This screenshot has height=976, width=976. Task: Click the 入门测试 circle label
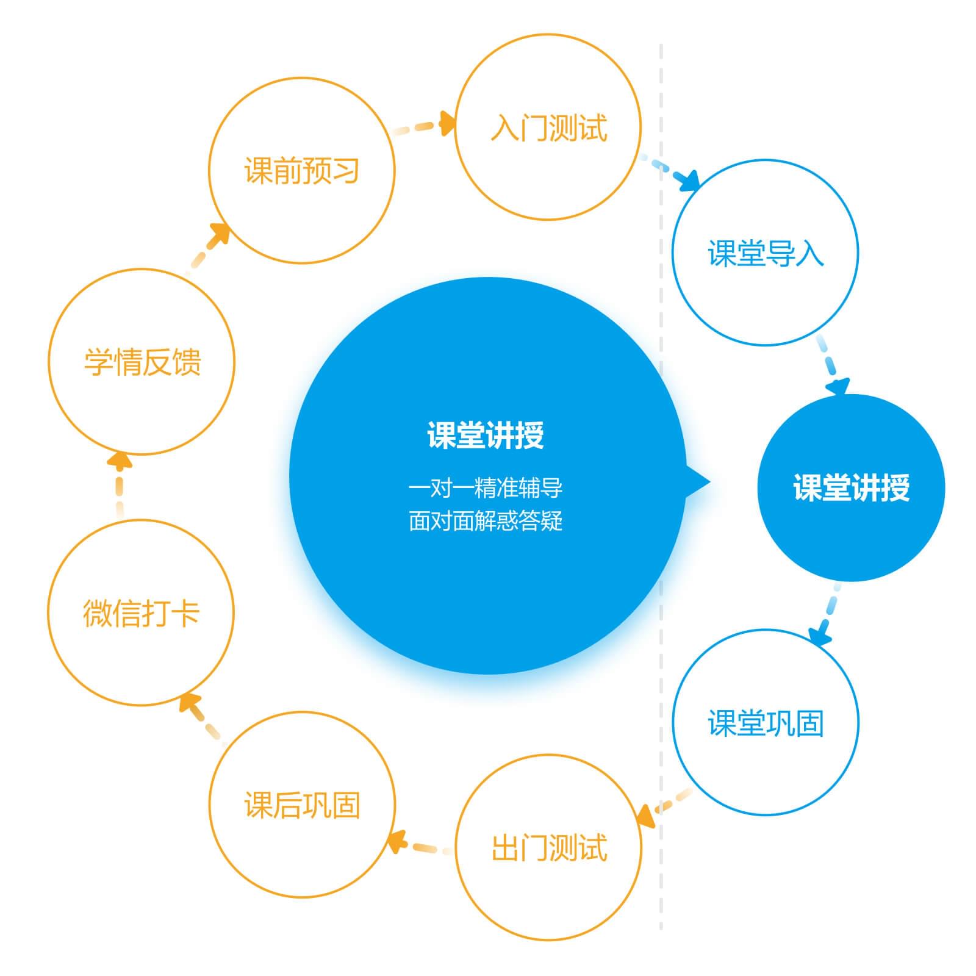(x=548, y=128)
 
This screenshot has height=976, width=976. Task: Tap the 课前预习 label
(x=301, y=171)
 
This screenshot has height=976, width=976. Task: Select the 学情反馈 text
(x=142, y=362)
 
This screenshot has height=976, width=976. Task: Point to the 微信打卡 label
(x=141, y=613)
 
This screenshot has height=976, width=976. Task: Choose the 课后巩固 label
(x=302, y=805)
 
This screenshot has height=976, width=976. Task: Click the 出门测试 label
(x=549, y=848)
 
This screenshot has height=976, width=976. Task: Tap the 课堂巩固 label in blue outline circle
(x=766, y=723)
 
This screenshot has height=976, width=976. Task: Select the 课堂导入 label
(x=766, y=253)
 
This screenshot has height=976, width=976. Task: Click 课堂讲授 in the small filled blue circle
(x=851, y=488)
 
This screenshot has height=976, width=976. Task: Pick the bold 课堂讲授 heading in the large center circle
(x=486, y=436)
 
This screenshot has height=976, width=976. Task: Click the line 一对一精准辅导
(x=486, y=488)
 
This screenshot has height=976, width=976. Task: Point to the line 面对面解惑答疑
(x=486, y=522)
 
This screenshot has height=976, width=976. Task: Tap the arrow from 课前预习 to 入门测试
(x=427, y=126)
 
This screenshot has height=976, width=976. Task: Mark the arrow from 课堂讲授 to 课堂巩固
(x=827, y=616)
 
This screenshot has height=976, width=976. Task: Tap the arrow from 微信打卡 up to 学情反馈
(x=120, y=482)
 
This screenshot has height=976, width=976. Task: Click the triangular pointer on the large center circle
(x=698, y=482)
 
